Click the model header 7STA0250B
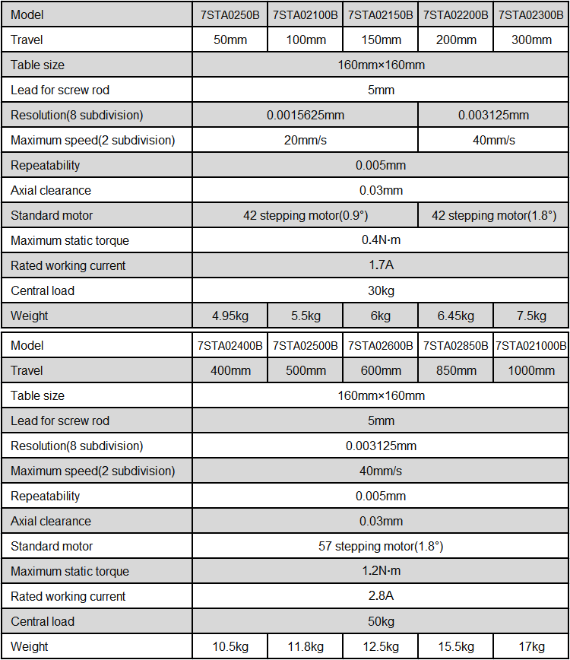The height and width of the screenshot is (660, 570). pos(230,15)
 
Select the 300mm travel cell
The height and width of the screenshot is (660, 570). pos(531,40)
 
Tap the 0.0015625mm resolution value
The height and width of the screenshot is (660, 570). pos(305,116)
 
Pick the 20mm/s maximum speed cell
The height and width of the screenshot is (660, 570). pos(305,141)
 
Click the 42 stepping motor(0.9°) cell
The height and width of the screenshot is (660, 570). pos(305,216)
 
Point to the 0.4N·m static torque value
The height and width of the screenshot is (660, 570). pos(381,241)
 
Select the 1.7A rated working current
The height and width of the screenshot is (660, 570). pos(381,266)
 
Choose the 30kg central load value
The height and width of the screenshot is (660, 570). pos(381,291)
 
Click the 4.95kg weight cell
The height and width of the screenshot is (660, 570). pos(230,316)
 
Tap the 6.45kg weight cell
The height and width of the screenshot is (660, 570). pos(456,316)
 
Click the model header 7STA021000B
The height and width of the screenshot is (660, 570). pos(531,346)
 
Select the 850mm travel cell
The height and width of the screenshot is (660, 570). pos(456,371)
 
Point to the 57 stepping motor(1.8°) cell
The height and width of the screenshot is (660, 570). pos(381,547)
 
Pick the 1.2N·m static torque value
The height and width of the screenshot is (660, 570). pos(381,572)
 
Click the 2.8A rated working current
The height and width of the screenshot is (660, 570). pos(381,597)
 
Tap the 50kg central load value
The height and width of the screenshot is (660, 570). pos(381,622)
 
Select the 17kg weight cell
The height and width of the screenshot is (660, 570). pos(531,647)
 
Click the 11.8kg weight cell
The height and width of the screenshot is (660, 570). pos(305,647)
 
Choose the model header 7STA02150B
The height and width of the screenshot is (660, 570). pos(381,15)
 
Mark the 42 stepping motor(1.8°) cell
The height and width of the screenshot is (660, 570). pos(493,216)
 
